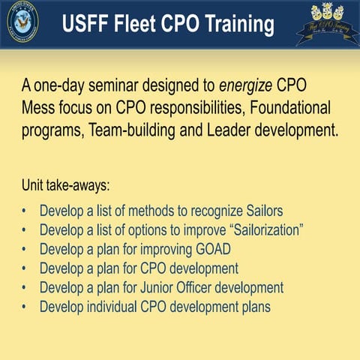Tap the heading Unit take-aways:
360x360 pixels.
pos(67,184)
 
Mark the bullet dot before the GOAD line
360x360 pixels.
pos(25,249)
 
